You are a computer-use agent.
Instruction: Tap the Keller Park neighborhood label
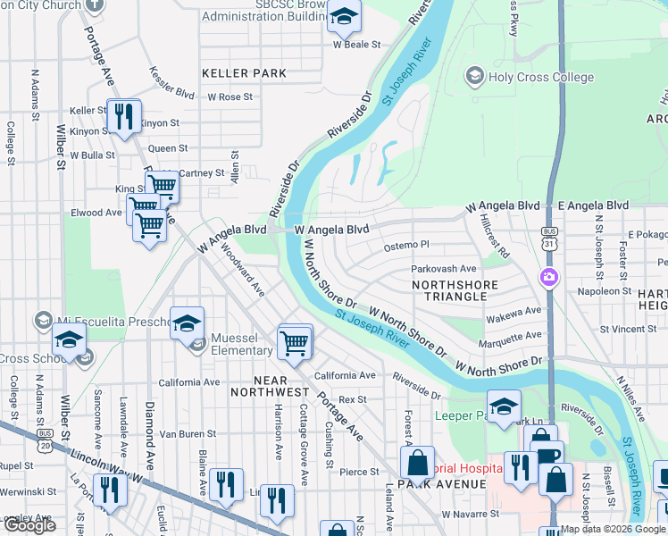tap(244, 72)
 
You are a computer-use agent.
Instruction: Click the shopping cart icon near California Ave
tap(295, 341)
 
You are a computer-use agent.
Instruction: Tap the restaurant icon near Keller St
tap(123, 116)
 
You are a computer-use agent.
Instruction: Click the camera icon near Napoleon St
tap(548, 278)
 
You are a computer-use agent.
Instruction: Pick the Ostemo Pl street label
tap(406, 245)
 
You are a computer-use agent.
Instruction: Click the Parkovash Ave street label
tap(444, 268)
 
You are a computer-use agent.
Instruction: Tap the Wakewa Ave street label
tap(514, 311)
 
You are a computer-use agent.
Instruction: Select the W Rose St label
tap(230, 96)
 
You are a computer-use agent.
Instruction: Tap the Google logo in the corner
tap(29, 525)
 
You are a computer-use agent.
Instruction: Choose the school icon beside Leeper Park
tap(504, 406)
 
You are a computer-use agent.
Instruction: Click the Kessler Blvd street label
tap(172, 81)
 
